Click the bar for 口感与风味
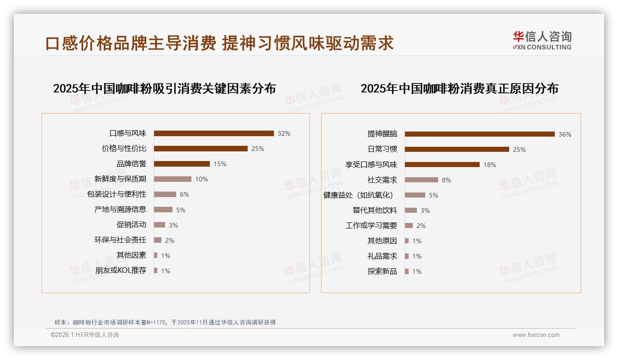(214, 133)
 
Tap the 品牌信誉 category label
(131, 164)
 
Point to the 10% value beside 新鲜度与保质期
(202, 179)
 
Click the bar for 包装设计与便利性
(165, 194)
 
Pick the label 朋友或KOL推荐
(120, 270)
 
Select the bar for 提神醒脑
(480, 134)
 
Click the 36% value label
(565, 134)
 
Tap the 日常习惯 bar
(457, 149)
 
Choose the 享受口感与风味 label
(371, 164)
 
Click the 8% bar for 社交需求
(421, 180)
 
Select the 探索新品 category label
(382, 271)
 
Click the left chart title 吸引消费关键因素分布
(164, 88)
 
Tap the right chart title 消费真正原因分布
(459, 88)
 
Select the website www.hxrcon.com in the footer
(536, 335)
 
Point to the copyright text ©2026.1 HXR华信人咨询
(84, 335)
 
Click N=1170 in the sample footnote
(156, 323)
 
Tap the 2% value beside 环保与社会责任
(169, 240)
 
